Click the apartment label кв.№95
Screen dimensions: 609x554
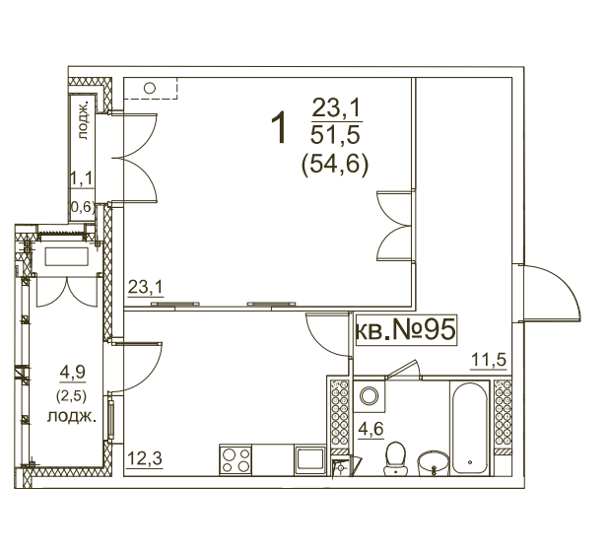(x=405, y=330)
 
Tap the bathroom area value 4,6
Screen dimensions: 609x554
(x=371, y=430)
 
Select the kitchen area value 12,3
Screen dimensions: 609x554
(x=145, y=458)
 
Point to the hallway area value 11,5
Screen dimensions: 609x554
(x=489, y=360)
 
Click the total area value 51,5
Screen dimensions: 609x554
(x=336, y=135)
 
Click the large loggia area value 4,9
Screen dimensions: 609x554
(x=72, y=373)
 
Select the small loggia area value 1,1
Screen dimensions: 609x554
(x=82, y=179)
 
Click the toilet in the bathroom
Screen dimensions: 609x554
(x=396, y=457)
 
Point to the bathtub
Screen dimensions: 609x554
(x=470, y=428)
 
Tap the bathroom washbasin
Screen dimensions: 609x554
(x=434, y=463)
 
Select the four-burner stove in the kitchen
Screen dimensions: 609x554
(x=236, y=459)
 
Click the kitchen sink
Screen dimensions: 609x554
(x=309, y=459)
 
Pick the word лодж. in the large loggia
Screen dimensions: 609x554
(x=72, y=416)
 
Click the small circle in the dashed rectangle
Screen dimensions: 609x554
(x=150, y=88)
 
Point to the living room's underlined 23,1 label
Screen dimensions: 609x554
(x=146, y=288)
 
